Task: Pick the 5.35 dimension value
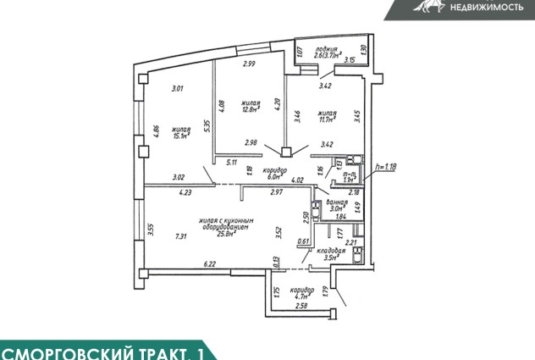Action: [207, 125]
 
